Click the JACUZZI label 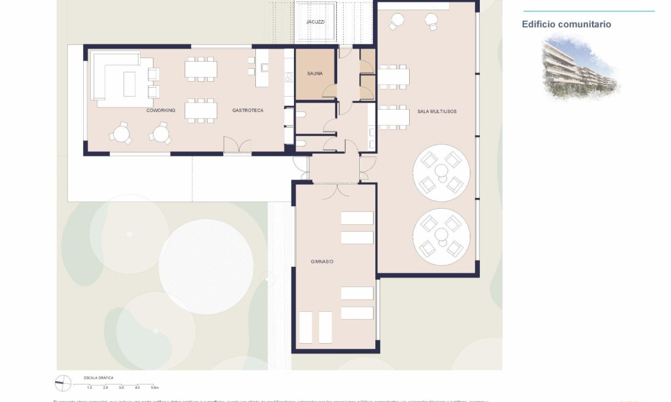point(315,22)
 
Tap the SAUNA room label point(315,74)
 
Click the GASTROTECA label point(248,110)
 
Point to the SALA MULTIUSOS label point(436,111)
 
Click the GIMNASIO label point(322,261)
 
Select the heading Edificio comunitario point(566,24)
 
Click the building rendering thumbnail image point(580,66)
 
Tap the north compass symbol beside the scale point(62,383)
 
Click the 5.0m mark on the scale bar point(154,387)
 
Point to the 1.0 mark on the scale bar point(90,387)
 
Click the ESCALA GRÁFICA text point(99,377)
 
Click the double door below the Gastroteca point(237,146)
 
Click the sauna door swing point(328,91)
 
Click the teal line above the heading point(588,11)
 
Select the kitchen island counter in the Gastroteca point(262,68)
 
